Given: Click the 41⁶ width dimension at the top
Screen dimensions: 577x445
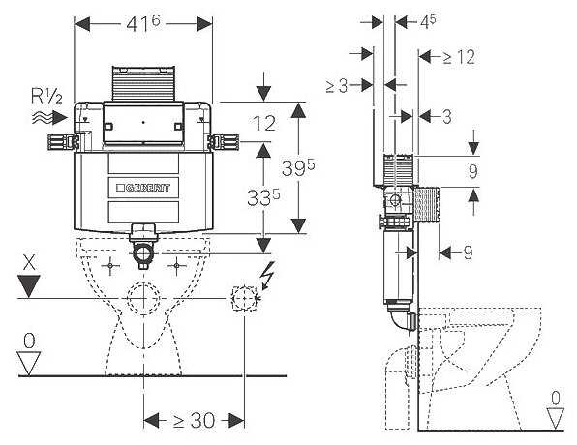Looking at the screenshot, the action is (x=143, y=24).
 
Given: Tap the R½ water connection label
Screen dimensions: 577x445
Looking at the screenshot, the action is (x=46, y=97).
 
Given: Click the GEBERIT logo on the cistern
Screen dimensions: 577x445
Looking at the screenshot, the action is (x=143, y=188).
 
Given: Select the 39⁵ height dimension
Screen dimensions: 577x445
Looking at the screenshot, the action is (x=298, y=168).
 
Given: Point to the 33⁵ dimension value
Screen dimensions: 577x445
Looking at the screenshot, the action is (x=263, y=197).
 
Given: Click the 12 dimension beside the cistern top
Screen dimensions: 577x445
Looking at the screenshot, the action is (x=264, y=123).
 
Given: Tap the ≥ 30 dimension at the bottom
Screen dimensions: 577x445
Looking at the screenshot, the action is (x=194, y=420).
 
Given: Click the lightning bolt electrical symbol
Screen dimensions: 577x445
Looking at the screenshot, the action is (x=267, y=275).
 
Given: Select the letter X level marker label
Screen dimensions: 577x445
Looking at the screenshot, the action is (x=29, y=264).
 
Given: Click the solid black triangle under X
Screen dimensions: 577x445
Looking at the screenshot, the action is (x=29, y=285).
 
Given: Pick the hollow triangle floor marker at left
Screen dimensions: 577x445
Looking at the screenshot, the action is (x=29, y=364).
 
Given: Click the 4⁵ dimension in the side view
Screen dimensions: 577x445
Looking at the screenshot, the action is (x=428, y=22).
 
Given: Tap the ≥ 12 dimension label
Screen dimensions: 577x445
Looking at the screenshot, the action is (x=459, y=57).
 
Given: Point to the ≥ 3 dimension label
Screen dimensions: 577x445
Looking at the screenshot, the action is (x=337, y=86).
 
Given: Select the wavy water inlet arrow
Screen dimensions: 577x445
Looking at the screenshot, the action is (x=49, y=118).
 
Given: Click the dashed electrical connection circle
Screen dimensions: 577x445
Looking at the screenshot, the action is (x=244, y=298).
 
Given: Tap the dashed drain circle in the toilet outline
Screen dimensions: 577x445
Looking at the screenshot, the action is (x=143, y=298).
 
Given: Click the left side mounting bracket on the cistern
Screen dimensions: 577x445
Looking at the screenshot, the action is (x=63, y=142).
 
